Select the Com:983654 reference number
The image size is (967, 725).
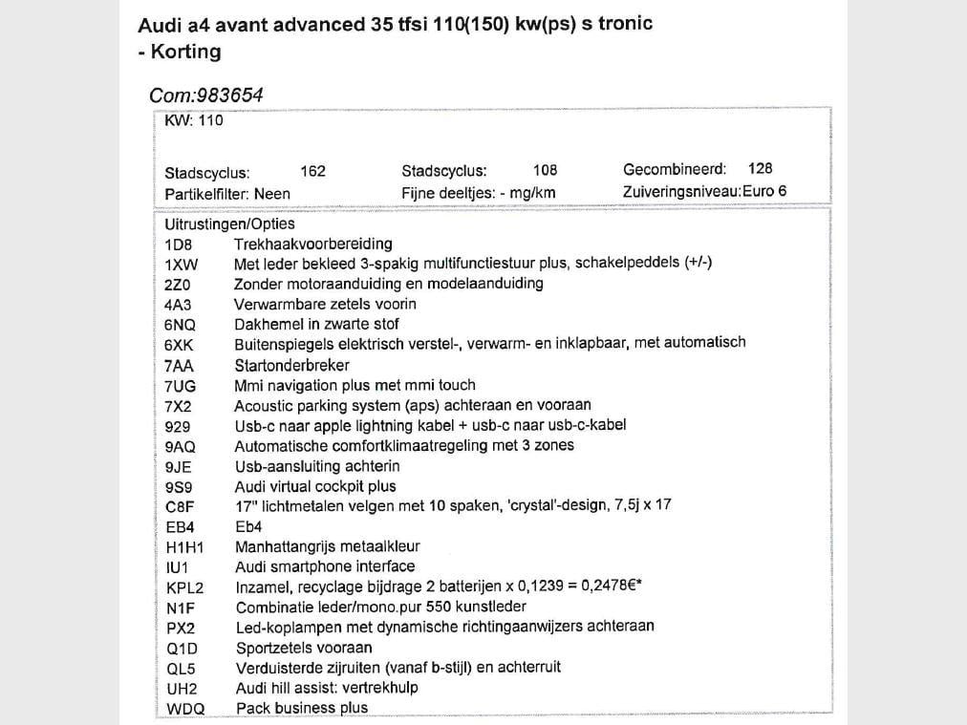coord(206,96)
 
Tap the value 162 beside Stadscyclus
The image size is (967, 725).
coord(312,171)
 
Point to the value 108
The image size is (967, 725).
coord(545,170)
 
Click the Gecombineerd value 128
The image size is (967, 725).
coord(761,168)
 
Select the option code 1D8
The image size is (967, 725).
coord(179,245)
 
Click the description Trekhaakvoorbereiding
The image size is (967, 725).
coord(313,244)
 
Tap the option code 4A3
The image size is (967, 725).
coord(179,306)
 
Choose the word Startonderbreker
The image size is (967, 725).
coord(292,366)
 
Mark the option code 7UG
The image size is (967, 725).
coord(181,387)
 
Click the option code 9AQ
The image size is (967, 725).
coord(180,447)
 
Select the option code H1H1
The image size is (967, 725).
coord(184,548)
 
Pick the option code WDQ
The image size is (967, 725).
coord(185,709)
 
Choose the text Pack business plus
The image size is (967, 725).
coord(302,708)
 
